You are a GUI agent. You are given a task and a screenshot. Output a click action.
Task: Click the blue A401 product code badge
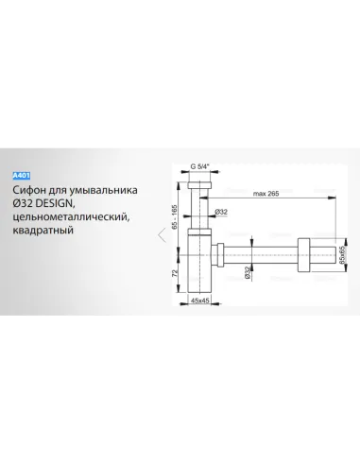tap(22, 176)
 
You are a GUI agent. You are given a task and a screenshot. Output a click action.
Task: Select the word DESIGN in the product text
tap(55, 203)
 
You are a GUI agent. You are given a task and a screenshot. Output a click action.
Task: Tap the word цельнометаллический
tap(71, 217)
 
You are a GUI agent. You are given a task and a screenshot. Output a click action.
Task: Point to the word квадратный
tap(43, 231)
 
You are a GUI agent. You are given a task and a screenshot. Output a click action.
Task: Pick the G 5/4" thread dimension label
tap(199, 166)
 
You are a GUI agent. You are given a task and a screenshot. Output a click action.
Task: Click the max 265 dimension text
tap(266, 194)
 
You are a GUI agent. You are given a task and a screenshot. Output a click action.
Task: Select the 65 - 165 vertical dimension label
tap(175, 216)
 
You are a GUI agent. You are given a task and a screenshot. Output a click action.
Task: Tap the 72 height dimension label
tap(175, 273)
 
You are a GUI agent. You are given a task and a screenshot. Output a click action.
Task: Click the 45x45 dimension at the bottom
tap(200, 301)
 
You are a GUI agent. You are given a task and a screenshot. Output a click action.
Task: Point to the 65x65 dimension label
tap(342, 254)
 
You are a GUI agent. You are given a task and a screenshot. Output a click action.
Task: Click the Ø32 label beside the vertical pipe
tap(221, 212)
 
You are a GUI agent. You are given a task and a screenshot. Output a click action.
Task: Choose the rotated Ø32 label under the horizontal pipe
tap(248, 272)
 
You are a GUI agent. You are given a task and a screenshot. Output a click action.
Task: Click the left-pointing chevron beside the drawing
tap(162, 234)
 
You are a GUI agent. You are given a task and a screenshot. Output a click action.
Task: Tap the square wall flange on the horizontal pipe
tap(303, 254)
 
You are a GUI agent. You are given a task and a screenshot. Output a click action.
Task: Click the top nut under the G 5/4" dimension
tap(199, 185)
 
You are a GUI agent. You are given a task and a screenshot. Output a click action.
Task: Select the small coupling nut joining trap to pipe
tap(217, 254)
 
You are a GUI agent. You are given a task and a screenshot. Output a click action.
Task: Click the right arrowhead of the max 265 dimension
tap(332, 198)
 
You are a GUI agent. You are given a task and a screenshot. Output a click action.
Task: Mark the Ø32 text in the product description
tap(23, 203)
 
